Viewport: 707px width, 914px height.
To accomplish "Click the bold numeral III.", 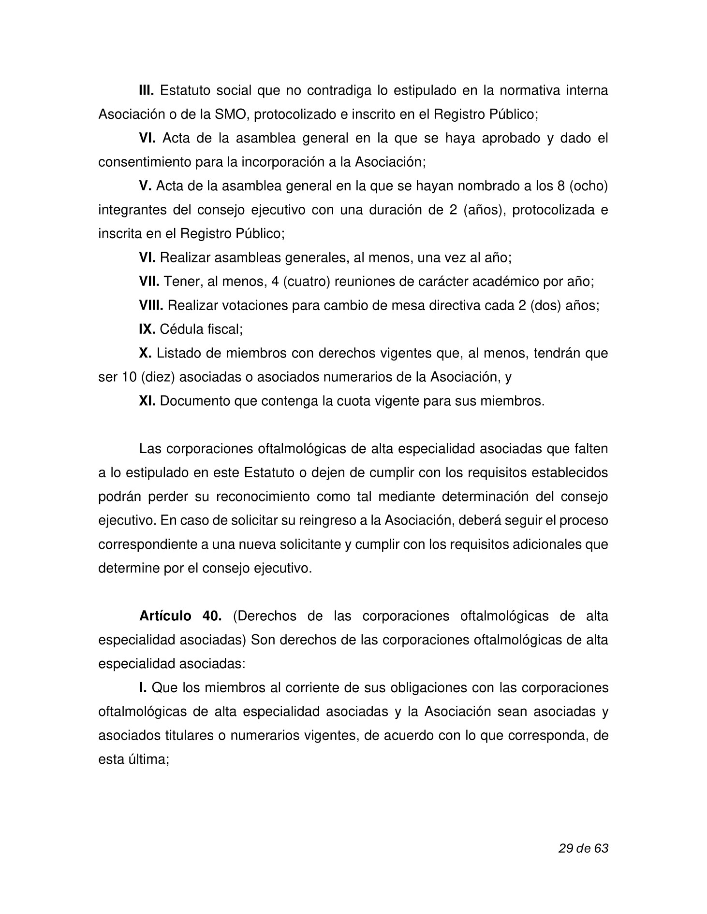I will click(146, 90).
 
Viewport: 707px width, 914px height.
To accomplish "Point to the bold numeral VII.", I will click(149, 282).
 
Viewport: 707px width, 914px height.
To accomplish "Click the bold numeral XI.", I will click(147, 401).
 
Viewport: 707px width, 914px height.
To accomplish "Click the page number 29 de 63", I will click(583, 848).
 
